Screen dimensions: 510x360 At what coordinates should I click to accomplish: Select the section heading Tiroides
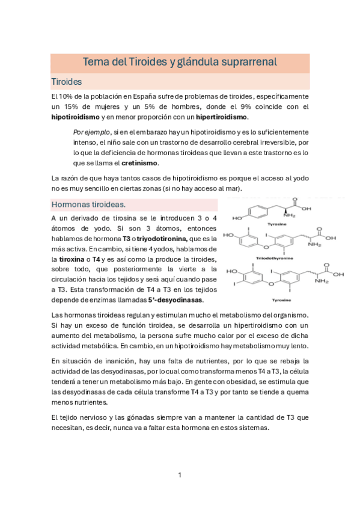[67, 81]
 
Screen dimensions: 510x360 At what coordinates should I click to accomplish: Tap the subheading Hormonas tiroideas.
[88, 204]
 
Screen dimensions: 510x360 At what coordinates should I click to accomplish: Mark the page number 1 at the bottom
[180, 475]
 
